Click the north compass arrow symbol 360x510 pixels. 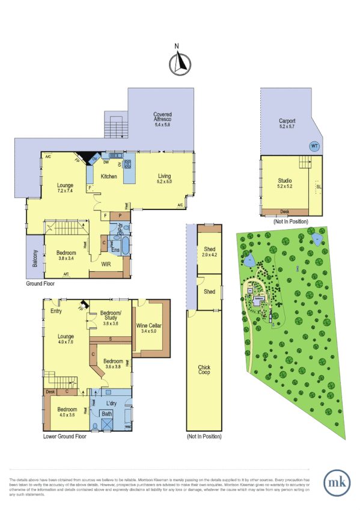click(x=180, y=63)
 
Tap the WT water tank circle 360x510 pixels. click(x=314, y=146)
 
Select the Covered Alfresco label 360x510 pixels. click(x=163, y=117)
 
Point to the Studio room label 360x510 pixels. click(x=285, y=180)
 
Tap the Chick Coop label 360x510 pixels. click(x=204, y=370)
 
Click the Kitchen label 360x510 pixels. click(x=109, y=176)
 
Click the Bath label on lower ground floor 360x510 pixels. click(x=107, y=414)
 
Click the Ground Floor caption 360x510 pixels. click(x=40, y=283)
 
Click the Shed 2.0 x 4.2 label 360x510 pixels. click(x=209, y=252)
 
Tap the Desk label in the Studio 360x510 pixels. click(x=285, y=212)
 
